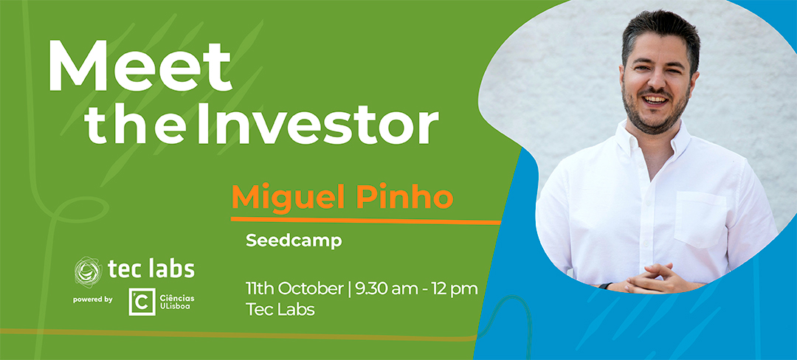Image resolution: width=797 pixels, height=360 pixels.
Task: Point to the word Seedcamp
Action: (x=294, y=241)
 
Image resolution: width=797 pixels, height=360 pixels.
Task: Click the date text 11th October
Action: (x=294, y=289)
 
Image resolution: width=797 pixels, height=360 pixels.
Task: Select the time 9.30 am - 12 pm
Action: (x=416, y=289)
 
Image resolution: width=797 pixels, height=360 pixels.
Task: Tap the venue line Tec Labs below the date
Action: (x=280, y=310)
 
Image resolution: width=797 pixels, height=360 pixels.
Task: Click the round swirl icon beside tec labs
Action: (x=88, y=271)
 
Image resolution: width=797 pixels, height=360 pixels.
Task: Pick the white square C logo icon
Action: (x=142, y=302)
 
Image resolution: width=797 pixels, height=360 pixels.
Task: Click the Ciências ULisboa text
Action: (x=176, y=302)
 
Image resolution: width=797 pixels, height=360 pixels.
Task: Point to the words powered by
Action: (x=92, y=300)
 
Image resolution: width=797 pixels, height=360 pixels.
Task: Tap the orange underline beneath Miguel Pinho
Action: (x=366, y=221)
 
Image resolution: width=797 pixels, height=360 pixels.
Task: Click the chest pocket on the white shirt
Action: (x=700, y=219)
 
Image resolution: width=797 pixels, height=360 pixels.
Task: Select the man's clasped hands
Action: (x=657, y=279)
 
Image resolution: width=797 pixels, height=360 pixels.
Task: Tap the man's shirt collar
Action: (x=652, y=138)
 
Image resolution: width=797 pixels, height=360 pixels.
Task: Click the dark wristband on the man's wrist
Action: (x=605, y=286)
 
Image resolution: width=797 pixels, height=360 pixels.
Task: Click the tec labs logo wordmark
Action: (x=151, y=269)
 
